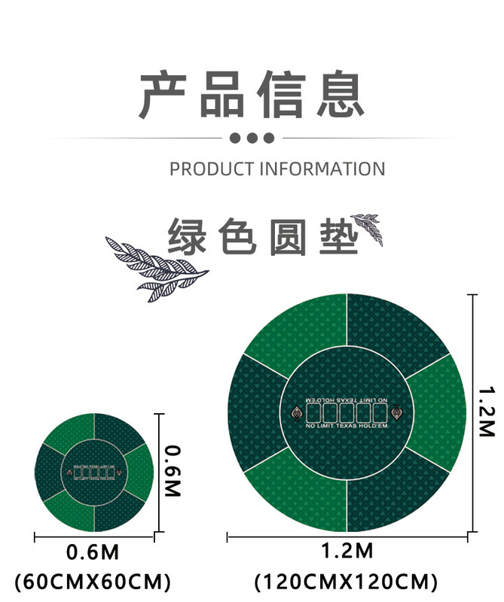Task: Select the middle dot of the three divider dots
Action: coord(252,138)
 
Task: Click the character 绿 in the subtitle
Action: coord(188,235)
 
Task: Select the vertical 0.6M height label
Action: coord(173,471)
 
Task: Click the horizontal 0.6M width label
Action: coord(93,553)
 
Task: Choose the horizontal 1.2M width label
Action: coord(347,552)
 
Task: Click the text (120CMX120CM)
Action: coord(347,582)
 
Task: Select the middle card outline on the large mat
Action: coord(347,412)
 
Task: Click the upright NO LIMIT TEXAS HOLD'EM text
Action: coord(347,427)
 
